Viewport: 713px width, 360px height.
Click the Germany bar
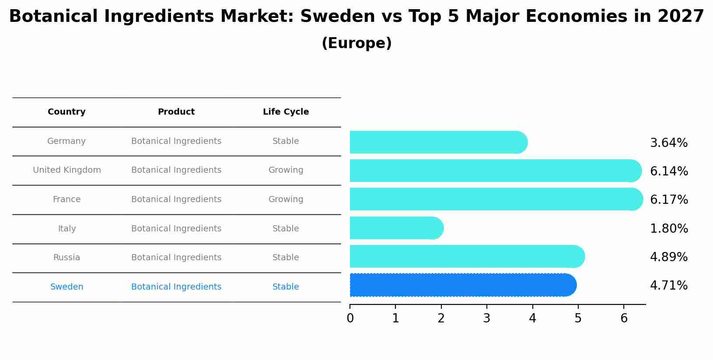coord(437,142)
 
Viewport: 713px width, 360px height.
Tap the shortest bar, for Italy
coord(396,228)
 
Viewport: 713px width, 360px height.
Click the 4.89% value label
coord(668,257)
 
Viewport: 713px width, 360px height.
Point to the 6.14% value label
coord(668,171)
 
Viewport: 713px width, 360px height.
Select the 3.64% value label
coord(668,143)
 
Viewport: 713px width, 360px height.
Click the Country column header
coord(66,112)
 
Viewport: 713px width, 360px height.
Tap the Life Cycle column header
coord(286,112)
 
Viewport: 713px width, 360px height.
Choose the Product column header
coord(176,112)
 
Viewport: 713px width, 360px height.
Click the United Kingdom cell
coord(66,170)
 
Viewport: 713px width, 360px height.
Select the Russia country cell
coord(66,258)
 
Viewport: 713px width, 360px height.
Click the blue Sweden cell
coord(66,287)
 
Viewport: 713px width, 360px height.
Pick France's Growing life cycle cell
coord(286,199)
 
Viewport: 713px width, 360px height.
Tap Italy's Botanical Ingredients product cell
coord(176,229)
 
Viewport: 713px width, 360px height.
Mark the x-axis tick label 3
coord(486,318)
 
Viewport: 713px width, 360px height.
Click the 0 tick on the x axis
coord(350,318)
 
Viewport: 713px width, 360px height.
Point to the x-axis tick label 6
coord(624,318)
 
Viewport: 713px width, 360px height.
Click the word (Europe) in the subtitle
coord(356,43)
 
